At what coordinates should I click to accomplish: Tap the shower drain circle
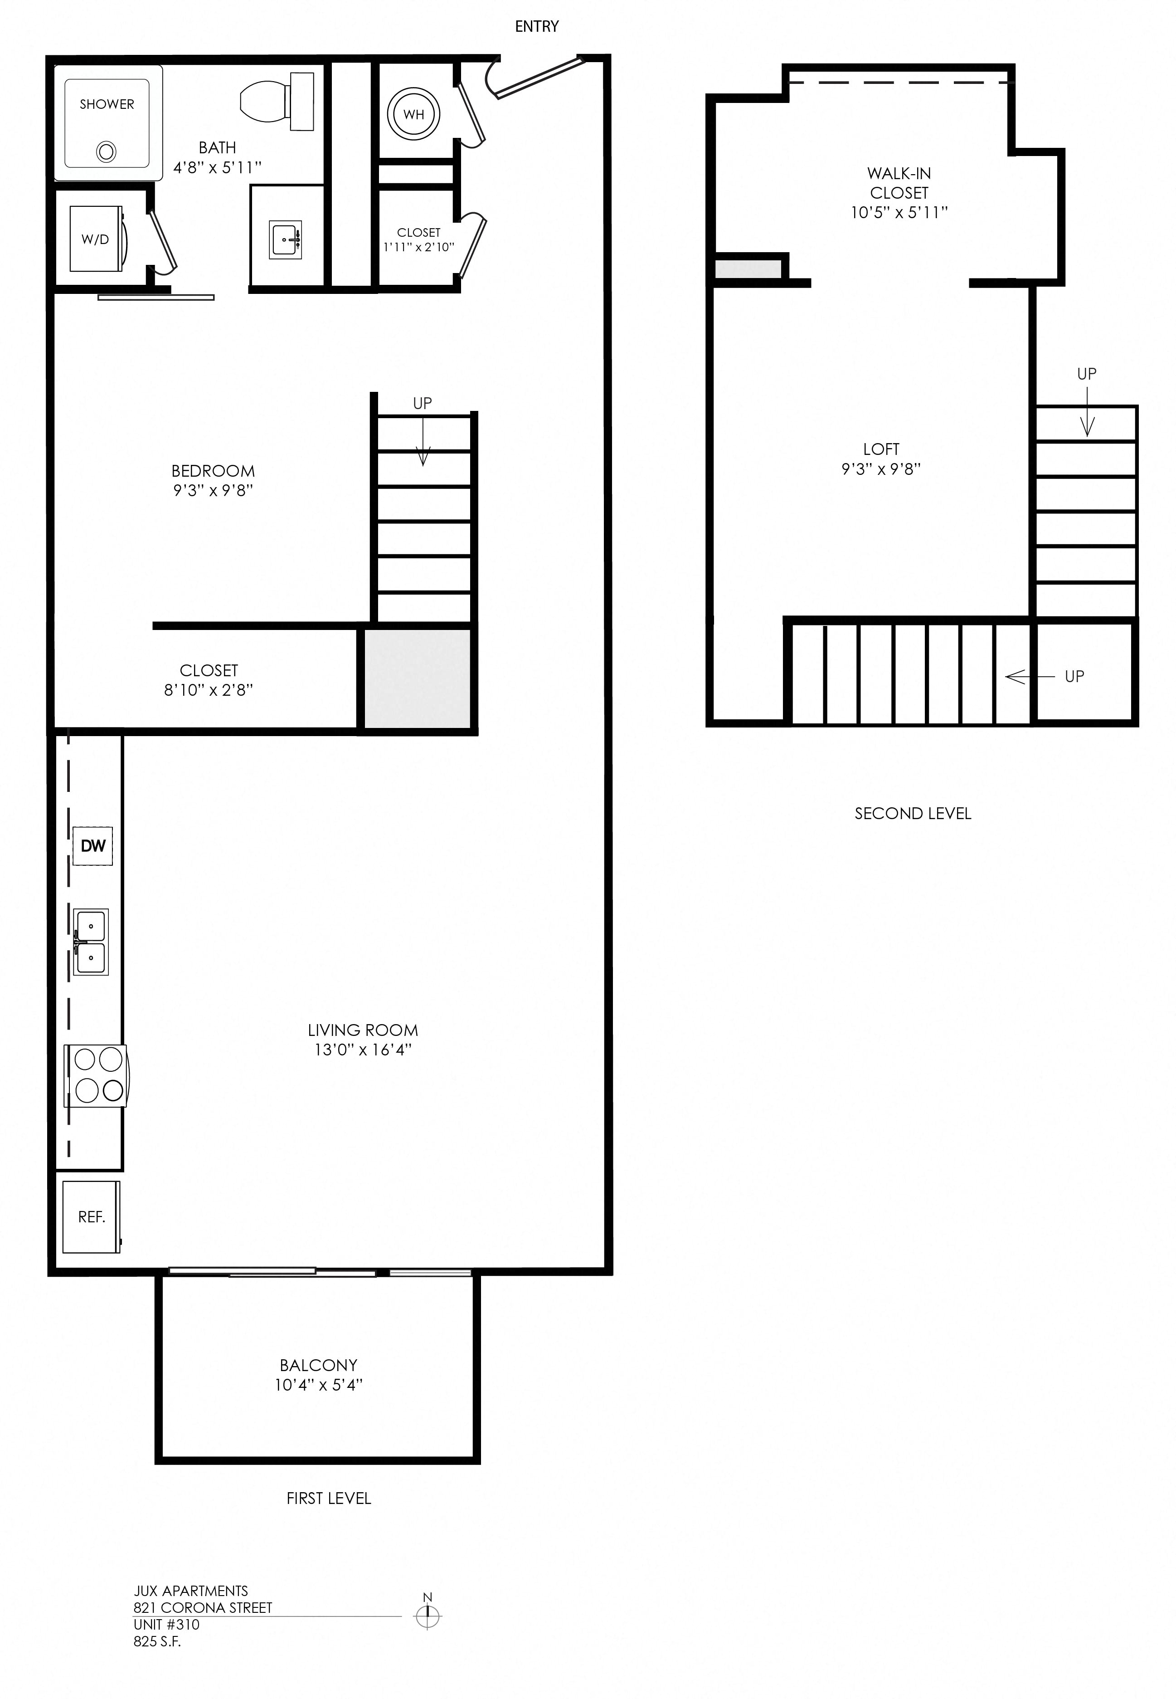pos(106,152)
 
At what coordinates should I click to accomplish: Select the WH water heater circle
pos(413,114)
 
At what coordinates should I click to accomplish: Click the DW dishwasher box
pos(93,845)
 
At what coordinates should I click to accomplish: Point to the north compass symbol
pos(428,1616)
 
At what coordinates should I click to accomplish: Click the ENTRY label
pos(536,27)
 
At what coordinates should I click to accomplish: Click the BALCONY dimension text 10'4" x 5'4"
pos(318,1385)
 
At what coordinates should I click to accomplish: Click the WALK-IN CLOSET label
pos(899,183)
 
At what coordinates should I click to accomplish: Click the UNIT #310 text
pos(166,1625)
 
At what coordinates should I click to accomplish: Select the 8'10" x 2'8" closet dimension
pos(209,690)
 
